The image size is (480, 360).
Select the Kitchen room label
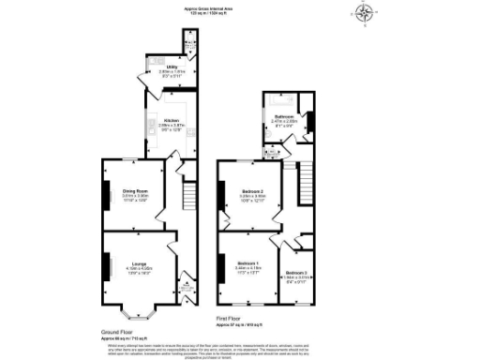172,121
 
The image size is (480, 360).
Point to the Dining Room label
137,191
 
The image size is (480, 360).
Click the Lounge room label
138,262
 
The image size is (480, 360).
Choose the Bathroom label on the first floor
284,115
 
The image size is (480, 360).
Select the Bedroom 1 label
248,262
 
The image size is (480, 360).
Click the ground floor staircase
187,197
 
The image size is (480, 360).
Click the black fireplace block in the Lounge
105,263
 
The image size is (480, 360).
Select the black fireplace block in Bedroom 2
220,194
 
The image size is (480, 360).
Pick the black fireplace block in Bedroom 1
221,264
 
